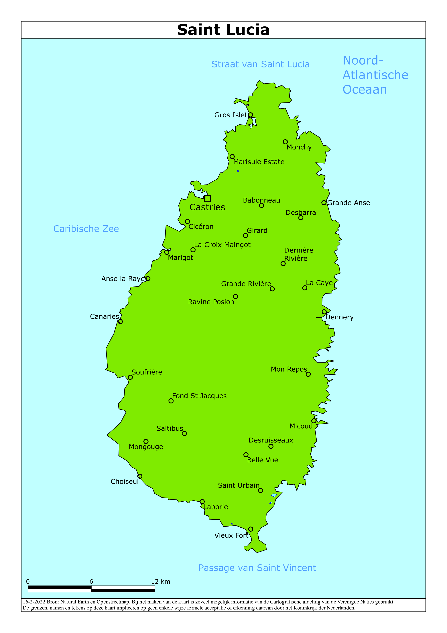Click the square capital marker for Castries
(x=207, y=199)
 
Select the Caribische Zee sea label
(x=86, y=229)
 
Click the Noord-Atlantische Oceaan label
(x=375, y=75)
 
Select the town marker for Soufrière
(x=130, y=377)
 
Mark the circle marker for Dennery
(x=324, y=312)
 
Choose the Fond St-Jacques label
(x=199, y=396)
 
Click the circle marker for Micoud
(x=314, y=421)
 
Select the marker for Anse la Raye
(x=148, y=278)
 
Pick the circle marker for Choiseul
(x=140, y=476)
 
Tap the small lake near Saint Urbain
(x=274, y=495)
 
